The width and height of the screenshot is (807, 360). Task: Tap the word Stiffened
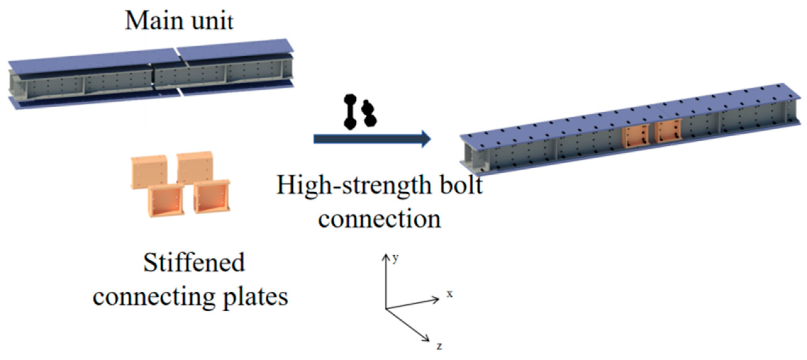tap(194, 262)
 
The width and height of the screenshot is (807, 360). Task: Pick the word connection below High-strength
tap(379, 219)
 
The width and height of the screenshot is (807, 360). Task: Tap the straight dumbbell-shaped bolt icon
tap(350, 112)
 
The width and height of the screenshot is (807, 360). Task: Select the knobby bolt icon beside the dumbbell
tap(369, 113)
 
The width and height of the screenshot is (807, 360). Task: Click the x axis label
tap(450, 294)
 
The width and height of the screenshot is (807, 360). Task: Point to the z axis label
tap(439, 346)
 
